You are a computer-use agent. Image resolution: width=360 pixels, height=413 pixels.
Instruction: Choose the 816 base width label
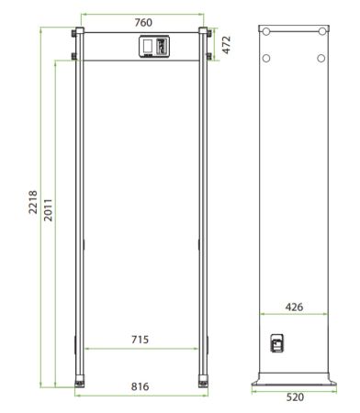coord(141,387)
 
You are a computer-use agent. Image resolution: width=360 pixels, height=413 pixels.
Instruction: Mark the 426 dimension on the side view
coord(294,307)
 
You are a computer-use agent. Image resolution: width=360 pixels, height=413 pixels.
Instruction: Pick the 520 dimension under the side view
coord(293,397)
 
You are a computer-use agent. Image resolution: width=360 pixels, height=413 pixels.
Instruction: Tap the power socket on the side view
coord(276,344)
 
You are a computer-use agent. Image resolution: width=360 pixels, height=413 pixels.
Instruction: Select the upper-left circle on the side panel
coord(267,31)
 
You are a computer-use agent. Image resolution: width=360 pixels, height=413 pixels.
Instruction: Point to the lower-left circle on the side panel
coord(266,59)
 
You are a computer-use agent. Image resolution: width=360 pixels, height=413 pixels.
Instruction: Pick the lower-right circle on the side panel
coord(321,59)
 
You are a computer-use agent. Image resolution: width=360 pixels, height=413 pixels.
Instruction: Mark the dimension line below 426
coord(294,315)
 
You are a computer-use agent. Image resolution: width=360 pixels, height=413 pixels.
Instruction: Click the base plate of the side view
coord(294,378)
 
